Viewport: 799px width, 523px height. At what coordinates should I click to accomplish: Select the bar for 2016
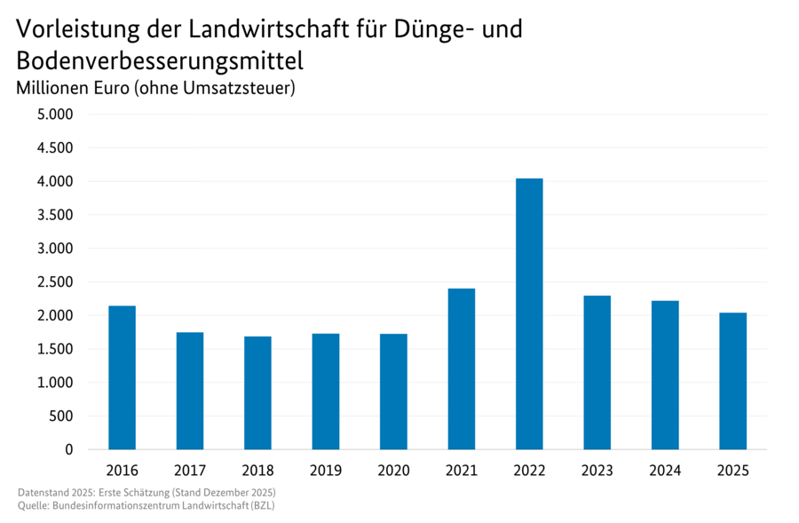click(122, 377)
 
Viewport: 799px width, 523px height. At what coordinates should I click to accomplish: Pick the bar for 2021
click(461, 368)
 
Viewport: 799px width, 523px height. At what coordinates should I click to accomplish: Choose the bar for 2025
click(732, 381)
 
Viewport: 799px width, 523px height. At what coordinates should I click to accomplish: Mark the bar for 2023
click(597, 372)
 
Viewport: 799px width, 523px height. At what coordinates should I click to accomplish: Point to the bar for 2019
click(326, 391)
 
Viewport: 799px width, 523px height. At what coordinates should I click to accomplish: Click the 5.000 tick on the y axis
click(55, 115)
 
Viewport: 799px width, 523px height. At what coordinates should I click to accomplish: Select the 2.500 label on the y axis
click(55, 282)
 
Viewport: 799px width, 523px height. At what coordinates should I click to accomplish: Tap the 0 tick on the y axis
click(68, 450)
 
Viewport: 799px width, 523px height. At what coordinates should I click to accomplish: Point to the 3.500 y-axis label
click(55, 215)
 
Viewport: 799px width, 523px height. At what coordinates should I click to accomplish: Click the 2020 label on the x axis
click(393, 471)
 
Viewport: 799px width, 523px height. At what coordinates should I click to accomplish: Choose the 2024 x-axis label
click(665, 471)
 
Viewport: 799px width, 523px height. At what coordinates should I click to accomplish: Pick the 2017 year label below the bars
click(190, 471)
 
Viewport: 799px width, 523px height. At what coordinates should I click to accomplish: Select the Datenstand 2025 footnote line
click(146, 492)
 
